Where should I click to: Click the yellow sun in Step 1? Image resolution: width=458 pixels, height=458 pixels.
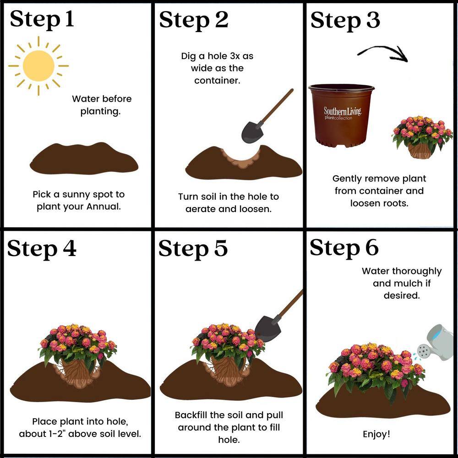[x=38, y=65]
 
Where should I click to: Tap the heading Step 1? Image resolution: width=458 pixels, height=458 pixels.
[x=42, y=19]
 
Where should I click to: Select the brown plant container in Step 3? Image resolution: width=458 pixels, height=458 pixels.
[x=341, y=115]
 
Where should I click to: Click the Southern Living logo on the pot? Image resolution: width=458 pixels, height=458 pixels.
[x=342, y=113]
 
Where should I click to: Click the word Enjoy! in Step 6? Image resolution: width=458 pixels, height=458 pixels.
[x=376, y=434]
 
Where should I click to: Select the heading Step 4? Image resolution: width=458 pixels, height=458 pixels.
[x=42, y=248]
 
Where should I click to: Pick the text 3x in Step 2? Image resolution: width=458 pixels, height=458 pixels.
[x=236, y=56]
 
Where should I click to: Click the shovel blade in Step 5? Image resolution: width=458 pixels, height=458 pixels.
[x=268, y=329]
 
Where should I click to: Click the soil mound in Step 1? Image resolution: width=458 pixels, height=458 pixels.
[x=84, y=158]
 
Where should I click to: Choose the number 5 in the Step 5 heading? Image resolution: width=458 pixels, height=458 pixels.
[x=221, y=248]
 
